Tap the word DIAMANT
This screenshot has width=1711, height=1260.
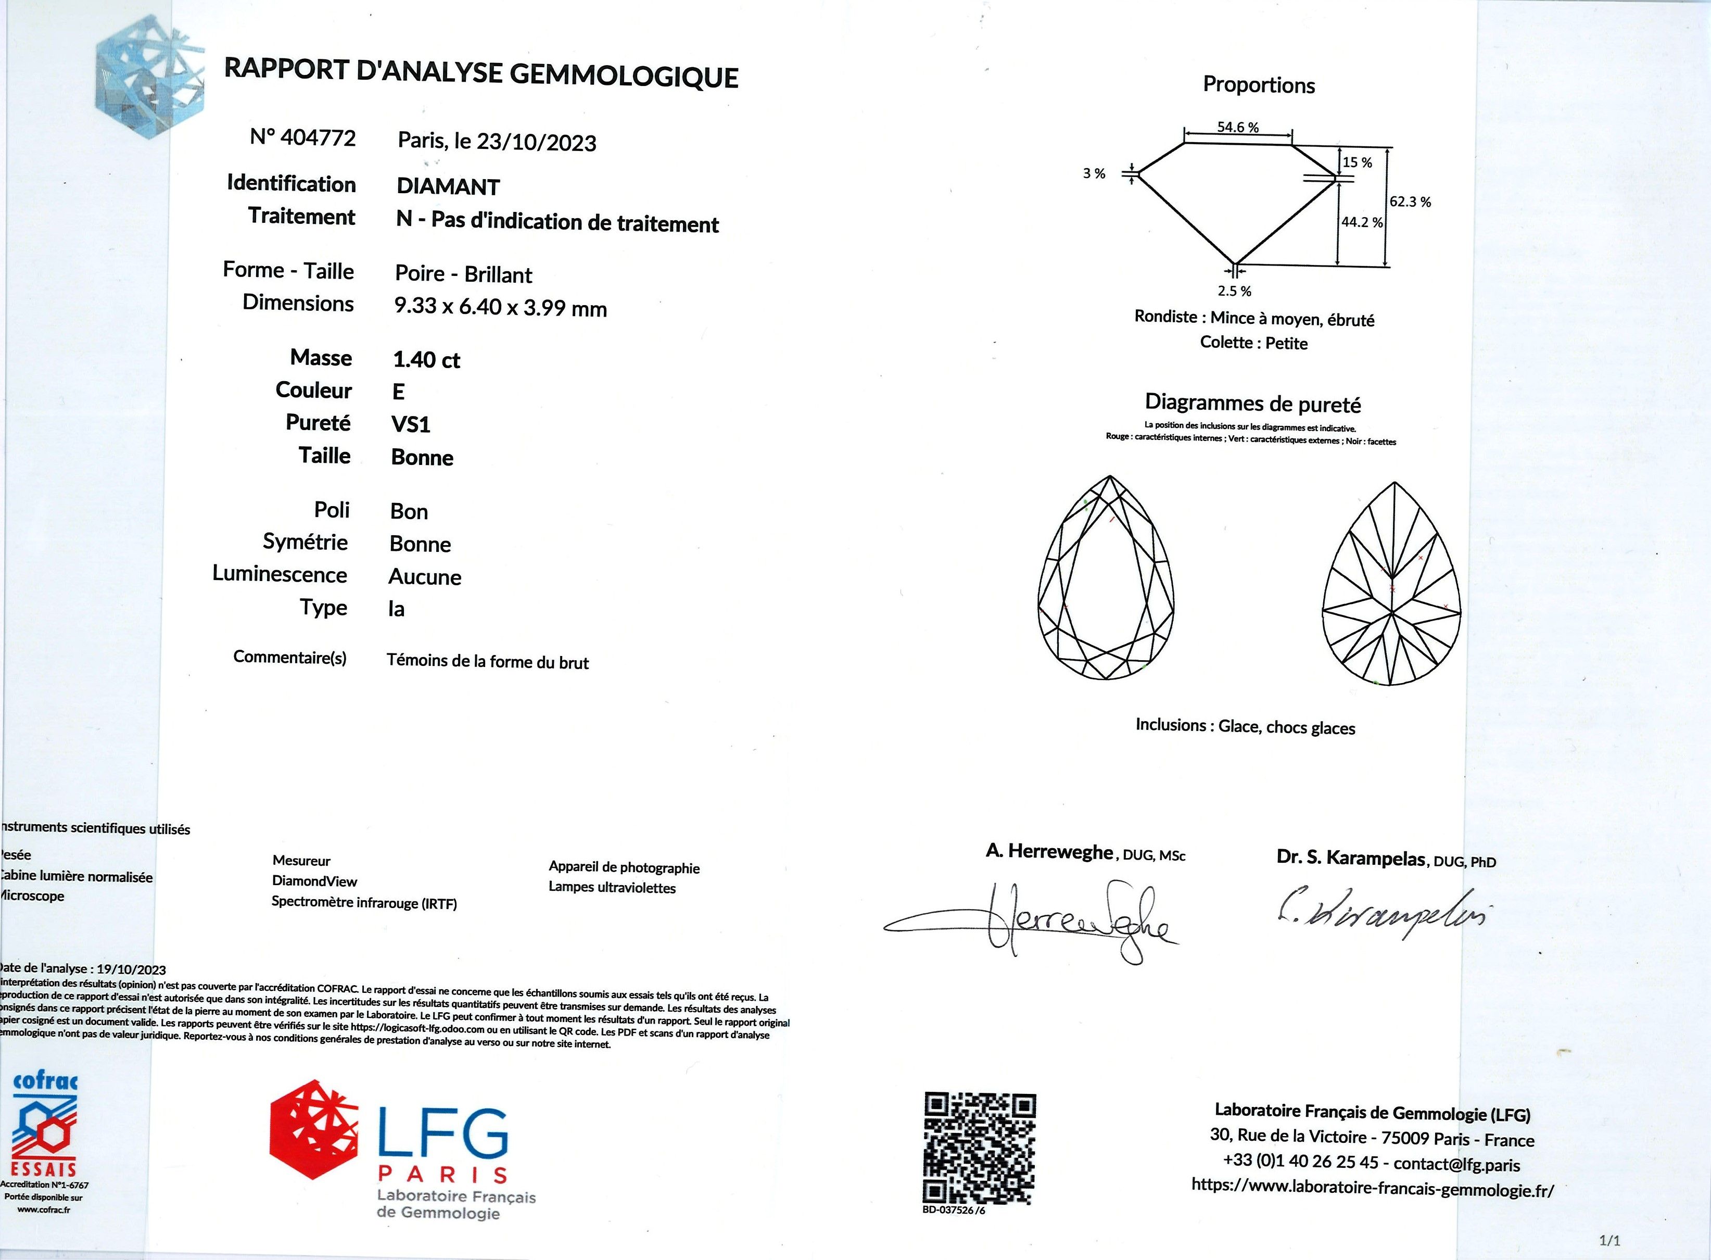[448, 187]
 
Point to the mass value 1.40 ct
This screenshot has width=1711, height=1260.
[426, 360]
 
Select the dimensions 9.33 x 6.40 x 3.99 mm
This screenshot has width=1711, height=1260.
[500, 307]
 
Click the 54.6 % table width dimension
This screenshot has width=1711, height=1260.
[1237, 128]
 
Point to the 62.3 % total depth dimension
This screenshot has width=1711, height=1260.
[1410, 202]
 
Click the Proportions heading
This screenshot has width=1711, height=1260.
[1259, 85]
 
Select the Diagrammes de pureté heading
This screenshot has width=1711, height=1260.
[1253, 404]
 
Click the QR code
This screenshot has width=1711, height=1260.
[980, 1148]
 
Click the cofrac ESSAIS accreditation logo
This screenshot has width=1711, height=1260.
[44, 1129]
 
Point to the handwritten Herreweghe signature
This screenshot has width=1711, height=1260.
[1068, 923]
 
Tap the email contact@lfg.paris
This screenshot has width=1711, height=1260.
[1456, 1165]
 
